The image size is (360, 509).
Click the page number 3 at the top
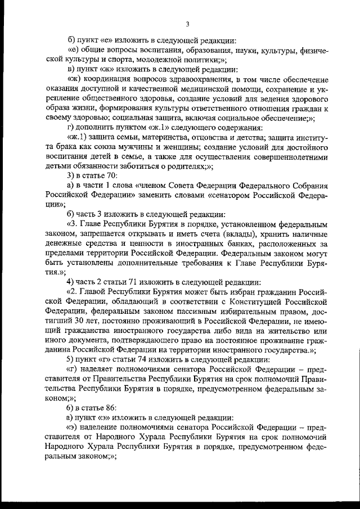[x=188, y=23]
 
